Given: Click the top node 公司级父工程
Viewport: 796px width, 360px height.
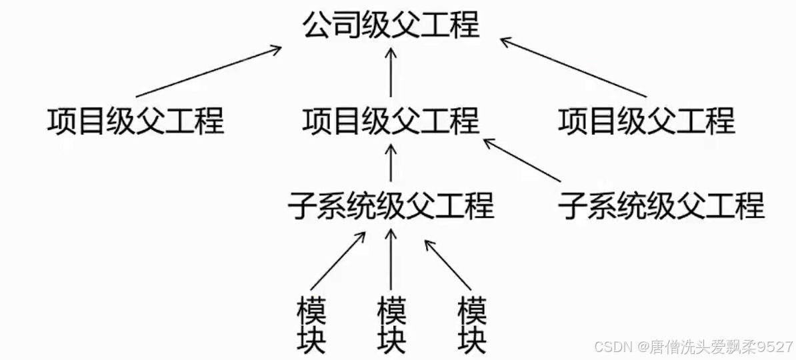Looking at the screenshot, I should (391, 25).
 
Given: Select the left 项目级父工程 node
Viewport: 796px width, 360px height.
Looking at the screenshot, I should (136, 121).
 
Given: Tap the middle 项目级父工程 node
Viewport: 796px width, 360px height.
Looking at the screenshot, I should (391, 121).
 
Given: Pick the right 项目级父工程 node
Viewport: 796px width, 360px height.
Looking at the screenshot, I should (647, 121).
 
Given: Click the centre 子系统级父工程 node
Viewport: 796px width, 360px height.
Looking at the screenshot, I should (391, 205).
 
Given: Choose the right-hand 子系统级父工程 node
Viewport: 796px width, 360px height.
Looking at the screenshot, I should (661, 205).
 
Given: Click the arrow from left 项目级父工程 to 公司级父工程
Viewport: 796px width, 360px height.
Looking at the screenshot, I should (208, 71).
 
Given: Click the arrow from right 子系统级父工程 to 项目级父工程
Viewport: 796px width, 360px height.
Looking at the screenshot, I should (522, 160).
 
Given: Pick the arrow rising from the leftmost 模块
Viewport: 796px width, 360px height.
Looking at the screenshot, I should (339, 261).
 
